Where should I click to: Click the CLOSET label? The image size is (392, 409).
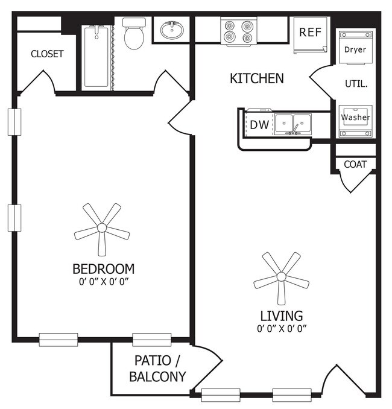click(47, 54)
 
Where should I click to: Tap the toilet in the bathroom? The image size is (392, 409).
click(133, 34)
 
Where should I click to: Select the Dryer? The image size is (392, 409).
click(355, 49)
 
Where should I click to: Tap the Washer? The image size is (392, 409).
click(355, 118)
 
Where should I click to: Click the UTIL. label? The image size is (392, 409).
click(355, 83)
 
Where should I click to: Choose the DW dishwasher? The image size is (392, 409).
click(259, 125)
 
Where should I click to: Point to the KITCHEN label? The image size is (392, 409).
click(256, 78)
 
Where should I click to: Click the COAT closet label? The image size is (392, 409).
click(355, 164)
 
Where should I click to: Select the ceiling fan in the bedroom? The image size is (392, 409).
click(102, 228)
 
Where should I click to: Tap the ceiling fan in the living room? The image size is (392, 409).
click(281, 277)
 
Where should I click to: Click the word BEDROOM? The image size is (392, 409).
click(103, 268)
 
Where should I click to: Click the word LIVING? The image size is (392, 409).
click(281, 315)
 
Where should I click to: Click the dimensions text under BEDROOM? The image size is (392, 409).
click(103, 281)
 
